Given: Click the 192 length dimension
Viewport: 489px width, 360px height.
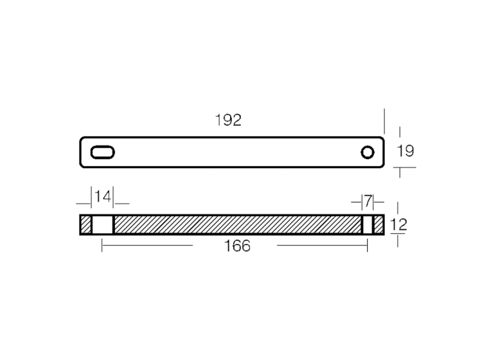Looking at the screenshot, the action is pyautogui.click(x=228, y=120).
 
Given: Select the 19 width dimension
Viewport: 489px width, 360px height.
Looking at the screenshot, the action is pyautogui.click(x=405, y=151).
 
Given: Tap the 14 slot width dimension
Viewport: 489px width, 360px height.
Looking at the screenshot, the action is pyautogui.click(x=102, y=196).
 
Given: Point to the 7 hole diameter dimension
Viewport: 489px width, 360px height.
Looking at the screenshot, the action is pyautogui.click(x=368, y=201).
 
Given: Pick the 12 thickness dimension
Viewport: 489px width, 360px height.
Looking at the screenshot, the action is pyautogui.click(x=398, y=224).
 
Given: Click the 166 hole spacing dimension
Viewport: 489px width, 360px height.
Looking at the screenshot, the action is pyautogui.click(x=237, y=246).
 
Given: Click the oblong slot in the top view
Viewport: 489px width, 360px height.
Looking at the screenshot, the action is pyautogui.click(x=102, y=152).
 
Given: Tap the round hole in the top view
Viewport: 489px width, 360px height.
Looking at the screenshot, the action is pyautogui.click(x=368, y=152).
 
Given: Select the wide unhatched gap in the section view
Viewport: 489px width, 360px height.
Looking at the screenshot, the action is pyautogui.click(x=102, y=224).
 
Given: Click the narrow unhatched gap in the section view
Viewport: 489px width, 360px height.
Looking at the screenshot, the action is pyautogui.click(x=368, y=224).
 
